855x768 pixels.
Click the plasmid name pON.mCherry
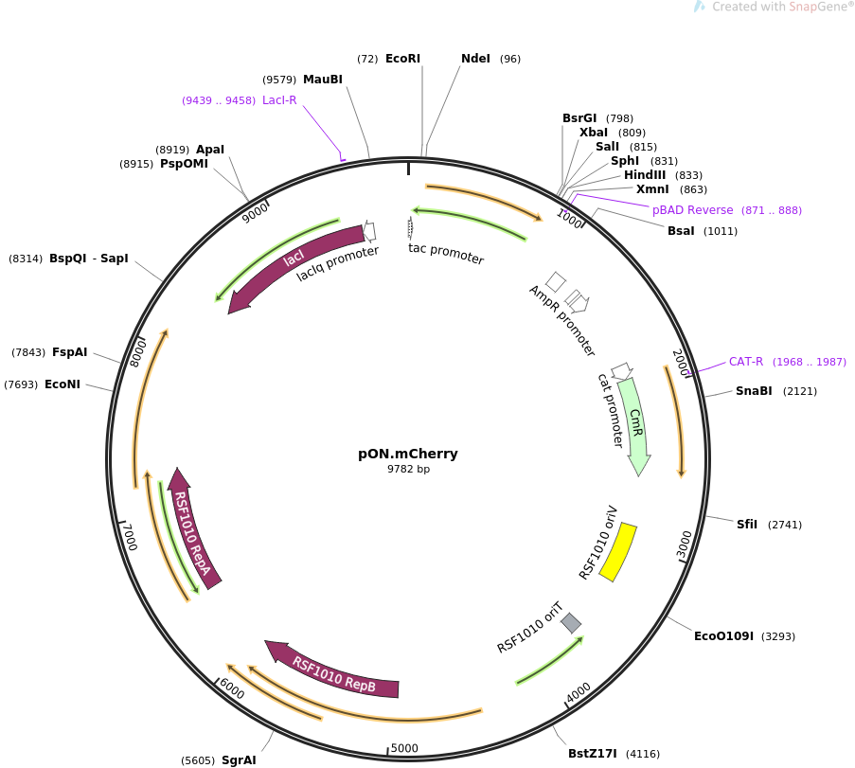pyautogui.click(x=407, y=454)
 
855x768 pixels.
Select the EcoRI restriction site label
pyautogui.click(x=402, y=59)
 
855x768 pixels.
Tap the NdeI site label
pyautogui.click(x=475, y=59)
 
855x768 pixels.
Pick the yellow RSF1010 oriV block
pyautogui.click(x=618, y=552)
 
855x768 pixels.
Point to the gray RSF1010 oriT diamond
pyautogui.click(x=571, y=622)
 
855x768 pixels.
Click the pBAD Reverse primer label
pyautogui.click(x=692, y=210)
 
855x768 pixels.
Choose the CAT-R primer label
pyautogui.click(x=746, y=362)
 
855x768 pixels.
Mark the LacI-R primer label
pyautogui.click(x=279, y=100)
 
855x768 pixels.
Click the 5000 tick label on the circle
pyautogui.click(x=404, y=748)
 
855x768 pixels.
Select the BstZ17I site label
pyautogui.click(x=592, y=754)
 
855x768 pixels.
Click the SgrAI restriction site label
pyautogui.click(x=239, y=759)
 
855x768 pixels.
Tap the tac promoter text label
pyautogui.click(x=446, y=254)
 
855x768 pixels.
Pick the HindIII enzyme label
pyautogui.click(x=645, y=175)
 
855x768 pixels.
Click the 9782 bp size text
pyautogui.click(x=408, y=469)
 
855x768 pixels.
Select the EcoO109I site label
pyautogui.click(x=723, y=636)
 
